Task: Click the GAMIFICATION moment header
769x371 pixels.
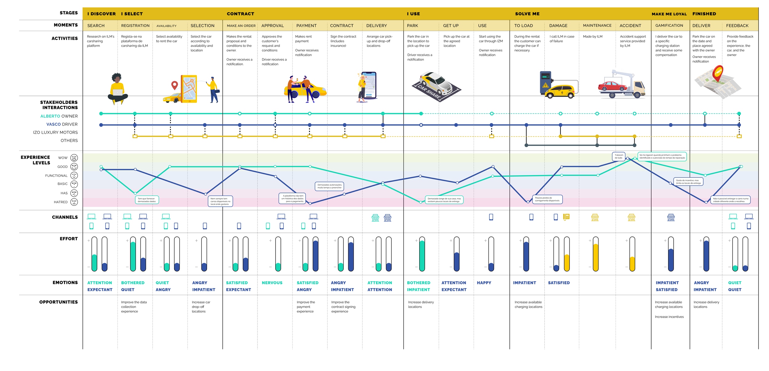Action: [x=669, y=25]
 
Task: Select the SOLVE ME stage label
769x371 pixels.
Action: [x=527, y=14]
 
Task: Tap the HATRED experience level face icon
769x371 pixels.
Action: [x=74, y=202]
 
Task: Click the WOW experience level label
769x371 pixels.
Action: [x=63, y=158]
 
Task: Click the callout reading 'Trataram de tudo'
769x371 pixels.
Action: [x=619, y=156]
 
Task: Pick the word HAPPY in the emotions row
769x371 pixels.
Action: [x=484, y=283]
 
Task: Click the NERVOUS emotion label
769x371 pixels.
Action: [x=272, y=283]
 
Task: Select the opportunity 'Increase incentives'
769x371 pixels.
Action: [x=669, y=317]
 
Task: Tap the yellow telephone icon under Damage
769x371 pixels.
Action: [x=566, y=217]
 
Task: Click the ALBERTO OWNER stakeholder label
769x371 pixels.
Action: [x=59, y=116]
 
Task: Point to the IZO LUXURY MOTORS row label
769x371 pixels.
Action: [x=55, y=133]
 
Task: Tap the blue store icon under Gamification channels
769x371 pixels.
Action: [x=671, y=218]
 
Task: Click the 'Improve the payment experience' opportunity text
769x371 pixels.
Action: [x=305, y=307]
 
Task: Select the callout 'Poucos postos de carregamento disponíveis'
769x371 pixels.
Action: [x=547, y=199]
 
